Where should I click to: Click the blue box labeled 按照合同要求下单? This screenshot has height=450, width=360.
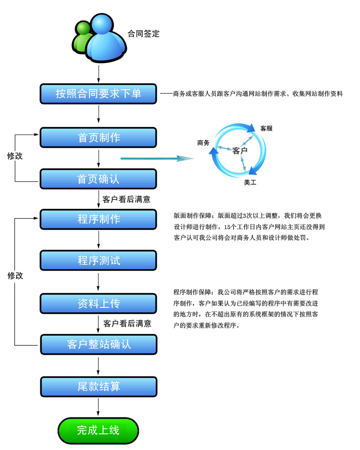(x=98, y=93)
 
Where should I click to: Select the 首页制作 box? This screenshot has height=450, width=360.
(x=98, y=137)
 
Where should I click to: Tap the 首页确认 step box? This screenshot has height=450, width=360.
(x=98, y=179)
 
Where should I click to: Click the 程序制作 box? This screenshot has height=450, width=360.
(x=98, y=219)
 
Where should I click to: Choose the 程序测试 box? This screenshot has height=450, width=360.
(x=98, y=260)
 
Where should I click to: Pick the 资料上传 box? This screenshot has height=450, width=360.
(x=98, y=304)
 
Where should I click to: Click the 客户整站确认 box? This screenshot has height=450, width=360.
(x=98, y=344)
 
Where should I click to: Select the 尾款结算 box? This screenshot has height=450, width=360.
(x=98, y=386)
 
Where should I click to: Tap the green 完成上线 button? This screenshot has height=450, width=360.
(x=98, y=430)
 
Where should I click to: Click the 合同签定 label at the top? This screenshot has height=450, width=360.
(x=144, y=34)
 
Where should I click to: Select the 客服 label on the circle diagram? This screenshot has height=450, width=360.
(x=266, y=128)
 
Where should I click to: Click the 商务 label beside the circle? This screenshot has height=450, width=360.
(x=204, y=143)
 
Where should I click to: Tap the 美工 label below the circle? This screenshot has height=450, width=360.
(x=250, y=182)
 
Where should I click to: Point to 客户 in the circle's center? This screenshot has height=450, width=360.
(x=240, y=151)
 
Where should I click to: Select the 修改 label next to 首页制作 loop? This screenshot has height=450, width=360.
(x=15, y=155)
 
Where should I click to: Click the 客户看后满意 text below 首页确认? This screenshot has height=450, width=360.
(x=126, y=199)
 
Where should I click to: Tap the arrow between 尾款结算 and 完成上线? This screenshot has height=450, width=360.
(x=98, y=406)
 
